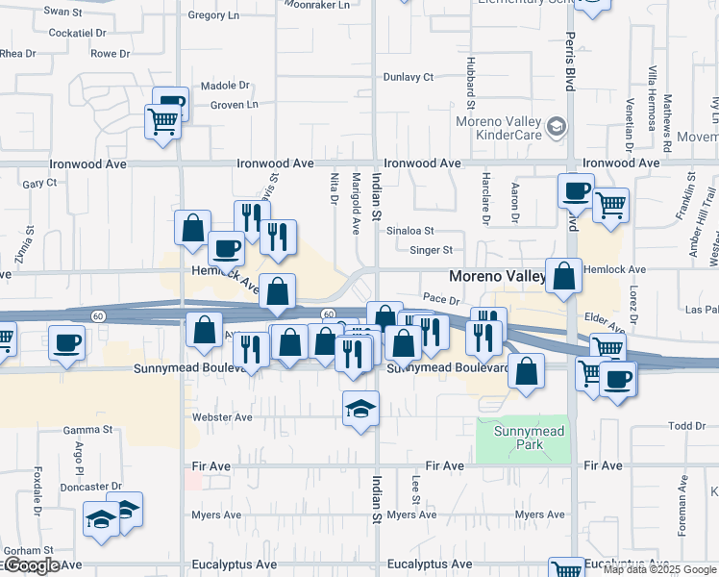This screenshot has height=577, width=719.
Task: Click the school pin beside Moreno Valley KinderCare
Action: (x=556, y=127)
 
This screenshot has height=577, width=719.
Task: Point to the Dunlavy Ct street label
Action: (x=409, y=77)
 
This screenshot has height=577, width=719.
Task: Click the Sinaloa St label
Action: (x=410, y=231)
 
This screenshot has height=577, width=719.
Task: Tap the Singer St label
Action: (x=431, y=250)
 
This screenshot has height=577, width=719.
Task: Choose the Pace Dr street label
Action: (x=441, y=301)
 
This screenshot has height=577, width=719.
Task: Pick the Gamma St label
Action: (x=88, y=430)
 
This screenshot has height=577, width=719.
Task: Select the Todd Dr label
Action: (x=687, y=426)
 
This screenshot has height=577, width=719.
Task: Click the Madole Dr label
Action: (x=225, y=86)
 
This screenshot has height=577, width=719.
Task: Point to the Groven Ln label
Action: (x=235, y=104)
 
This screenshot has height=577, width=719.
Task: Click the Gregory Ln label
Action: (x=213, y=15)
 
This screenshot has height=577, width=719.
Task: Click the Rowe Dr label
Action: (x=110, y=54)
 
